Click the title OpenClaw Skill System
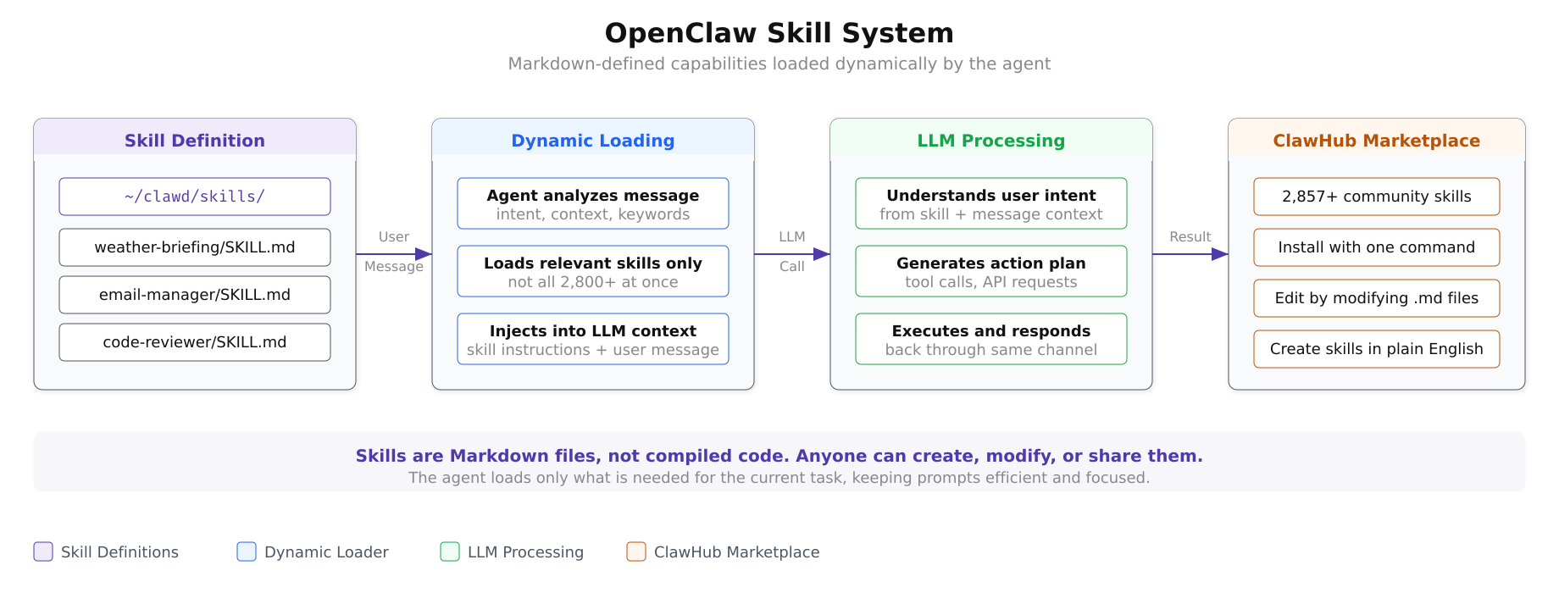click(779, 33)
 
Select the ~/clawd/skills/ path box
click(195, 197)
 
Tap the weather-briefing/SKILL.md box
click(195, 247)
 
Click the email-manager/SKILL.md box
click(195, 295)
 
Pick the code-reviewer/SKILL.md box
click(195, 342)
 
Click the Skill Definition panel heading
click(195, 141)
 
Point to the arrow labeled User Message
click(394, 253)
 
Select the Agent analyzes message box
click(593, 203)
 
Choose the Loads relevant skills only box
click(593, 271)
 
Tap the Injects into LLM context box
click(593, 339)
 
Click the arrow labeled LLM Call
click(792, 253)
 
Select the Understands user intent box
click(991, 203)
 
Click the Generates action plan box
click(991, 271)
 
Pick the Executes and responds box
click(991, 339)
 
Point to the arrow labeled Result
click(1190, 253)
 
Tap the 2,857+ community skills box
click(1377, 197)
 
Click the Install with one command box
click(1377, 247)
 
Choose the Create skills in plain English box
click(1377, 349)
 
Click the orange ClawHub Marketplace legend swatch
click(636, 551)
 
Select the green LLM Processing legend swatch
click(450, 551)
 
